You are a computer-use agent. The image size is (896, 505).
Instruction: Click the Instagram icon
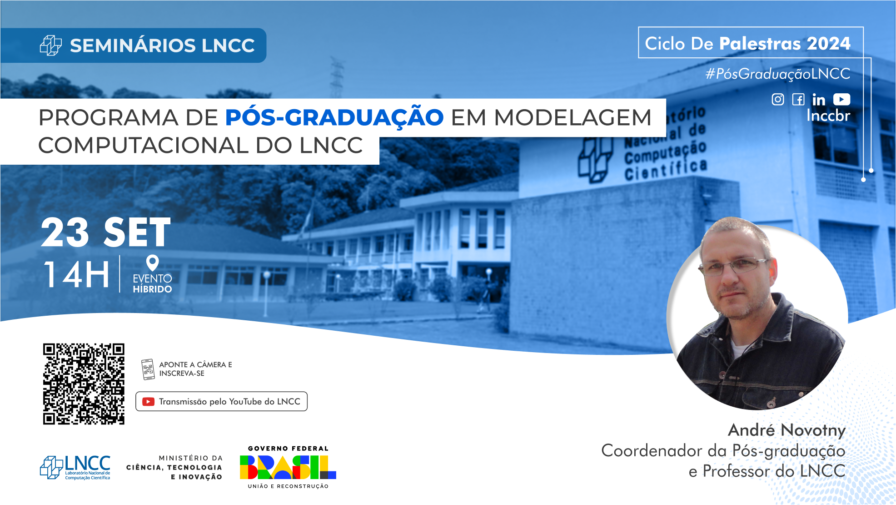[777, 99]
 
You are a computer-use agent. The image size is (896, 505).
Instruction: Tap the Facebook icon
[798, 99]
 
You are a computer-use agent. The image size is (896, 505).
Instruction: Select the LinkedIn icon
[818, 100]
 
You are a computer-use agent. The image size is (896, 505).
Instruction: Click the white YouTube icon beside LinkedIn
[841, 99]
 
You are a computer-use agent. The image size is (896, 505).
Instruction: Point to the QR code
[84, 384]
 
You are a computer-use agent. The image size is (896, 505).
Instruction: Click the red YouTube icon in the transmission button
[148, 402]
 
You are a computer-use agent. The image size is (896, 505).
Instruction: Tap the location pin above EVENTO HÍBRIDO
[152, 263]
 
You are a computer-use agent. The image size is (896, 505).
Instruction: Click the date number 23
[65, 232]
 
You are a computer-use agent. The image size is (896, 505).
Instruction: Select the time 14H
[77, 274]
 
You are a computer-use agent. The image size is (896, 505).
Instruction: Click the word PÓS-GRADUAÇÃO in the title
[334, 117]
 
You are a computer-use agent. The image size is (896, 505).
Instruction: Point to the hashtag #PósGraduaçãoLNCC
[777, 74]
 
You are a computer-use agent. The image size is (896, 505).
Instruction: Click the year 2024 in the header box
[828, 44]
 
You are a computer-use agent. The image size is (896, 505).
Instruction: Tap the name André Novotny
[786, 430]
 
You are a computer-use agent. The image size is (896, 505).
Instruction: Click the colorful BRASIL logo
[288, 467]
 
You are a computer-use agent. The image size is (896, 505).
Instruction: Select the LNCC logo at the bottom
[75, 467]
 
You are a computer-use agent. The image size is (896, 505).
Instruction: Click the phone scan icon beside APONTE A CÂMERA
[148, 369]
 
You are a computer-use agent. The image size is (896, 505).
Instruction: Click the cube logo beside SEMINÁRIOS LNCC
[51, 45]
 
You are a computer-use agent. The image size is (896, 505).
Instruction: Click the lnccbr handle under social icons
[828, 116]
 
